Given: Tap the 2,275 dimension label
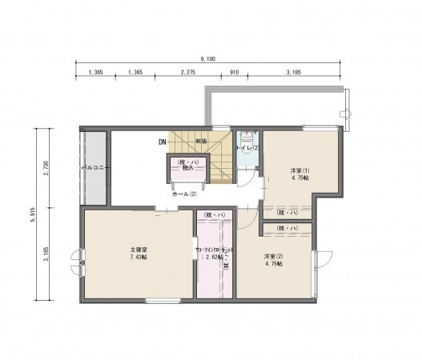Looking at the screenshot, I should click(x=188, y=73).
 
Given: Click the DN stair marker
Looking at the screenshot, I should click(x=163, y=142).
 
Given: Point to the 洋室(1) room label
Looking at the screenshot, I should click(x=299, y=170).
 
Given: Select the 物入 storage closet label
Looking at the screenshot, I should click(x=186, y=169).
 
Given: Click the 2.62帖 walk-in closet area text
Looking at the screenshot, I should click(x=213, y=258).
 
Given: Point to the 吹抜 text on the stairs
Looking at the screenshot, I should click(x=202, y=142).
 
